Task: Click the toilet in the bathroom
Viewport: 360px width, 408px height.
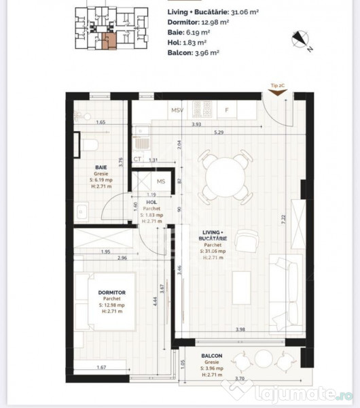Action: point(89,143)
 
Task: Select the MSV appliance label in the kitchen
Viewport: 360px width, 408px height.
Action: point(177,109)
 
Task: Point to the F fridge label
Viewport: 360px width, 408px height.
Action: point(227,109)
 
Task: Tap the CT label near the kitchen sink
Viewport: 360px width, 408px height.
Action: point(137,159)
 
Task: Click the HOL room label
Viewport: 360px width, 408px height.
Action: point(151,203)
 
